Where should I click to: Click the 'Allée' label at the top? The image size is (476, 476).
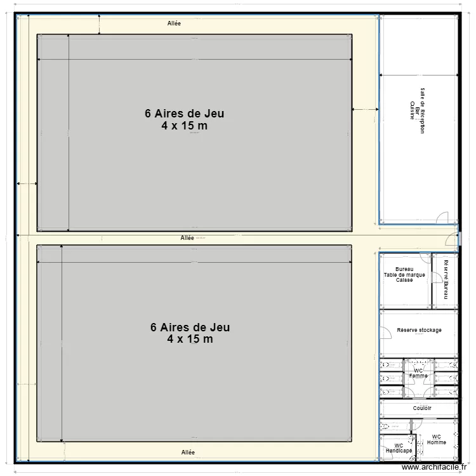pos(174,23)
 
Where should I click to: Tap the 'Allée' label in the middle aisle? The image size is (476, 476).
pos(187,238)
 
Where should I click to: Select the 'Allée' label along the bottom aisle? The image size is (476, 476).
pos(187,452)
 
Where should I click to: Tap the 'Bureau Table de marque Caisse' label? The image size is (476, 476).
pos(404,274)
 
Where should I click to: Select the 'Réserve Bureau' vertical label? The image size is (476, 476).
pos(446,278)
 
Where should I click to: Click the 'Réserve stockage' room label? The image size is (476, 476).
pos(419,330)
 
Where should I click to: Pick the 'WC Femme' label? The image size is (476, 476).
pos(418,373)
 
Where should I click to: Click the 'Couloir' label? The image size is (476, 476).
pos(422,408)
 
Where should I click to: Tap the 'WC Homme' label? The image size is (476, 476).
pos(436,439)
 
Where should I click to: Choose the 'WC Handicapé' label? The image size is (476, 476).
pos(399,448)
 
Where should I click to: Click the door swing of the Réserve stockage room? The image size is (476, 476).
pos(385,333)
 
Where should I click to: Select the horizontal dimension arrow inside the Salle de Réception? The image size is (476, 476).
pos(418,75)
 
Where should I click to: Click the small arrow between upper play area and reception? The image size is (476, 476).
pos(365,110)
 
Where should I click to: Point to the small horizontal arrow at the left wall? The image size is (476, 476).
pos(27,183)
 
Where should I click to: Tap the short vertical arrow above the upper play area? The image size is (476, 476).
pos(99,23)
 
